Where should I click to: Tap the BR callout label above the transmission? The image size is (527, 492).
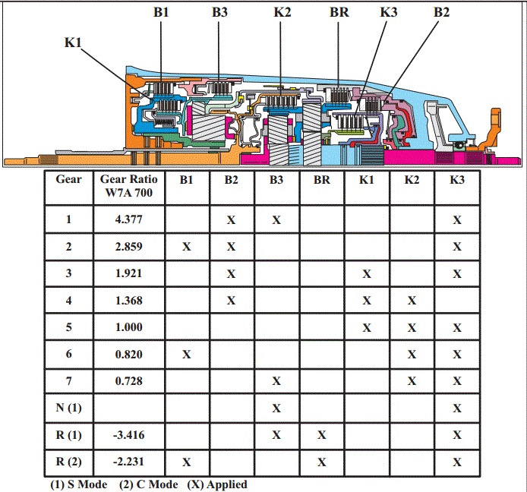(340, 12)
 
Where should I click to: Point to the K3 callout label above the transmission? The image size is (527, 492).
(389, 12)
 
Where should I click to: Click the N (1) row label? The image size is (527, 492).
(68, 408)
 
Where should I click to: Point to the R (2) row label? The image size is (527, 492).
(68, 462)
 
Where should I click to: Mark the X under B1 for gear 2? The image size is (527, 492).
(186, 247)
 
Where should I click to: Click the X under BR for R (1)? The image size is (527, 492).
(321, 435)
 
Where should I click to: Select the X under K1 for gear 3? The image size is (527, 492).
(366, 273)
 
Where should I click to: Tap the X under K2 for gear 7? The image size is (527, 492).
(411, 381)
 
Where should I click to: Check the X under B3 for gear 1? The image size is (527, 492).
(276, 219)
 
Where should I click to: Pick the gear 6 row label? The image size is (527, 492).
(68, 354)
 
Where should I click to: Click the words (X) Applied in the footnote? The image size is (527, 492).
(218, 484)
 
